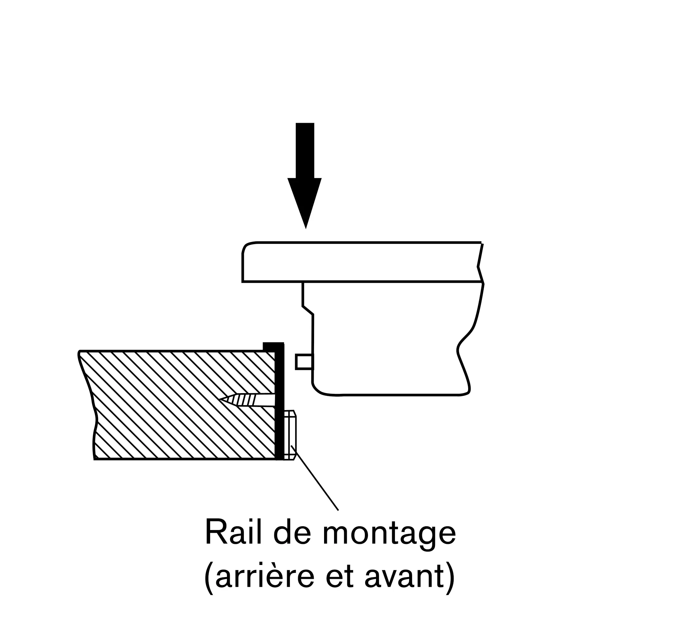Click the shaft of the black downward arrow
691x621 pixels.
pos(305,150)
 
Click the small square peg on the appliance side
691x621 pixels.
pos(304,362)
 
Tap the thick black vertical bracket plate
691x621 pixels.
pos(280,401)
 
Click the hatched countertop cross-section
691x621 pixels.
pos(180,405)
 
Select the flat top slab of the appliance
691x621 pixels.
pos(362,262)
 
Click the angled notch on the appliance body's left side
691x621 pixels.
pos(308,310)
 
